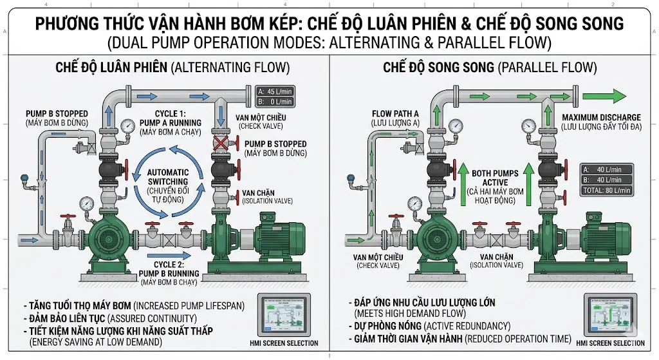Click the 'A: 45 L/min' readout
[275, 91]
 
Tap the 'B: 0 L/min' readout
[275, 101]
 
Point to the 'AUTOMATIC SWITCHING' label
[168, 177]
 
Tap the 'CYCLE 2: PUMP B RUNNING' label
[169, 269]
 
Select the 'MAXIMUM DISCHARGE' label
[600, 117]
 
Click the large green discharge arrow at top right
[604, 96]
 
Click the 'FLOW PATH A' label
[395, 114]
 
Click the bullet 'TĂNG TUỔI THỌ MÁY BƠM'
[78, 305]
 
